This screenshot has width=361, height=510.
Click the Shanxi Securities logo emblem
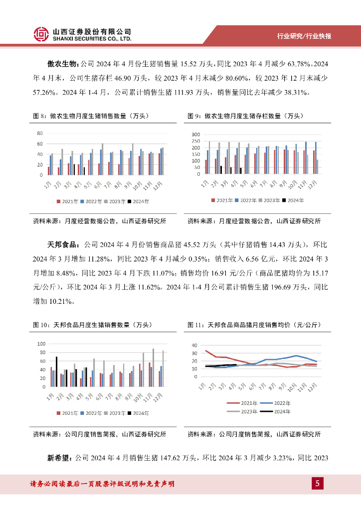tap(42, 34)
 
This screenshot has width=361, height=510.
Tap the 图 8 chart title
tap(91, 116)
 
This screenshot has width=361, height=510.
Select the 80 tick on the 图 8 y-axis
tap(39, 133)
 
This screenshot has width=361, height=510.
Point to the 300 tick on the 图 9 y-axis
tap(195, 135)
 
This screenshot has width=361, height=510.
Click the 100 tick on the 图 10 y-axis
tap(41, 344)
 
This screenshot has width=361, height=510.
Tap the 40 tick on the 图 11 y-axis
tap(195, 345)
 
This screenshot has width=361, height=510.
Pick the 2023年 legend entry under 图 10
tap(116, 413)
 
